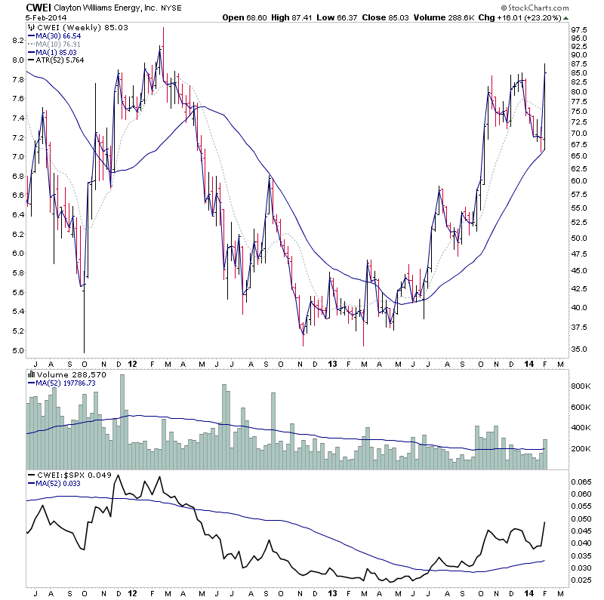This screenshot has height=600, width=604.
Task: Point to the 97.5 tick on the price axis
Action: coord(578,29)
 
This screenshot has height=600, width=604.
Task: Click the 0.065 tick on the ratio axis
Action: coord(581,480)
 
